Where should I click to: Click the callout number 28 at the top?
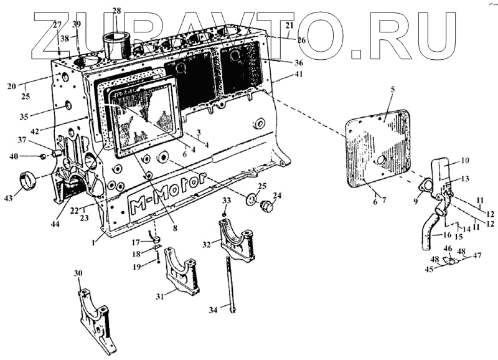(118, 10)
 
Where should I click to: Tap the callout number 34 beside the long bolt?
(214, 309)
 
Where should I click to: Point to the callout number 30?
(78, 273)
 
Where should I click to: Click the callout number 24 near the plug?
(277, 196)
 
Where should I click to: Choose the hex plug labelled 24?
(266, 207)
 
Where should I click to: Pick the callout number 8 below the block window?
(176, 229)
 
